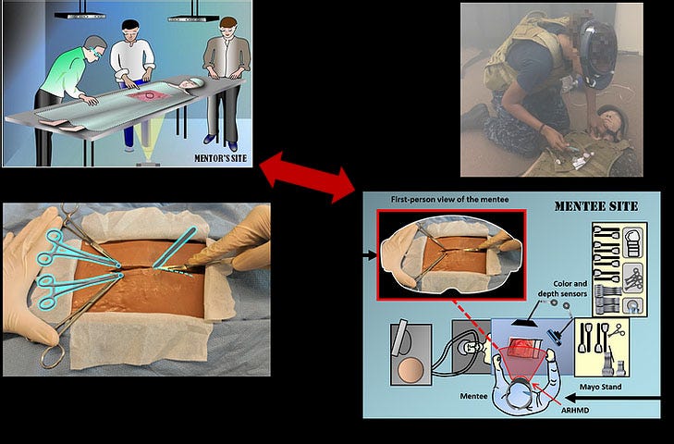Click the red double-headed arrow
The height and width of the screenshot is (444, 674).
308,177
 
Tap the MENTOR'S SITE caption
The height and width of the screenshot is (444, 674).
221,158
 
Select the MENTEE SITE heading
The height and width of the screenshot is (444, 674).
596,206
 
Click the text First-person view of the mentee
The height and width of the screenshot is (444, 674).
449,200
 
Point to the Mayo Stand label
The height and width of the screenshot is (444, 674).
600,387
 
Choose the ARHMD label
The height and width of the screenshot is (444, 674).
575,411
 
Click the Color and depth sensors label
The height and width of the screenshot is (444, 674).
563,289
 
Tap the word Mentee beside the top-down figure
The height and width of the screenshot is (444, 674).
473,396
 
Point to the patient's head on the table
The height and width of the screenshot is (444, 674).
191,83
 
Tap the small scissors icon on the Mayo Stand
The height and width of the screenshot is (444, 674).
617,329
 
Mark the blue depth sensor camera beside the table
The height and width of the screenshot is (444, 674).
555,337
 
